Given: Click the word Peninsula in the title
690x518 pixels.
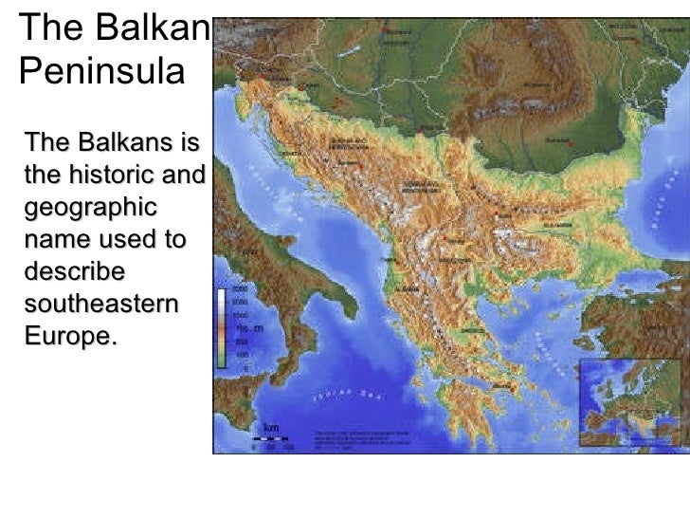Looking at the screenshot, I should [x=99, y=70].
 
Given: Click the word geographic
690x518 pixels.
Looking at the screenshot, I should [x=92, y=209].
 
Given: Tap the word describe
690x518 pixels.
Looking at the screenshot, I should [x=75, y=271].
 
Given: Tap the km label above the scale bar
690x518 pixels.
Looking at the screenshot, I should [x=271, y=426].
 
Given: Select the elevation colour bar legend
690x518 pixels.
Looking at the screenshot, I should [x=221, y=326].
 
